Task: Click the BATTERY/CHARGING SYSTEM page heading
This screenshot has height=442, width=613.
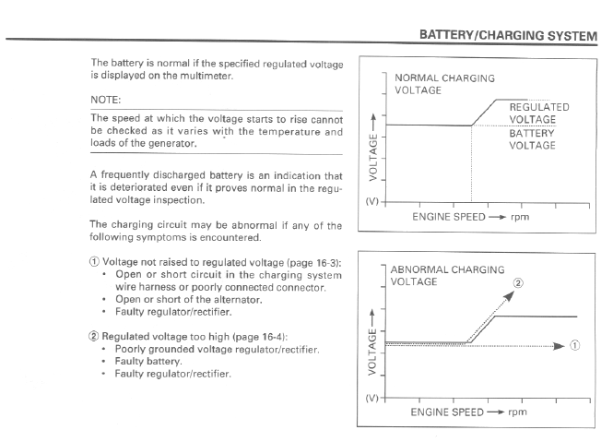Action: pos(508,35)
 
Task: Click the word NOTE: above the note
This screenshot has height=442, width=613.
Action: pos(106,100)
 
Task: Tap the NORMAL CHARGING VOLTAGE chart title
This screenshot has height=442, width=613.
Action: pos(444,84)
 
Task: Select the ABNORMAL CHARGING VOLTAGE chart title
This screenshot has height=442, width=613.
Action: pos(447,276)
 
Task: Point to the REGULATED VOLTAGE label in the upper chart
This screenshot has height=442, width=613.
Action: pos(539,113)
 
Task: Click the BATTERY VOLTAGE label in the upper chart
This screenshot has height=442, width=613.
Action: pos(532,139)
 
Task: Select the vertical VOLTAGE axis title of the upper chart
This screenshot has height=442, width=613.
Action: pos(373,158)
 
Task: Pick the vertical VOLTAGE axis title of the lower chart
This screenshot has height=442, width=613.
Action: pos(372,352)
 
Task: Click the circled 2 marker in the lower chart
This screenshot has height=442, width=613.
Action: pos(518,283)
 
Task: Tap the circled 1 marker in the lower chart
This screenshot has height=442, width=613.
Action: pos(574,345)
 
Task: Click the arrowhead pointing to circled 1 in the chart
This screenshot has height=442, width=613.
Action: pos(560,346)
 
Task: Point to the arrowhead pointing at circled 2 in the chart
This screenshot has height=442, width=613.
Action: pos(509,296)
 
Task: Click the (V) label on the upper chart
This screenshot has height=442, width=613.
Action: pos(371,201)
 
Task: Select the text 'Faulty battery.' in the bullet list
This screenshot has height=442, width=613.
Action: pos(148,361)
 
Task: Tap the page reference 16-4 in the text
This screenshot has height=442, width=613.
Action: pos(272,337)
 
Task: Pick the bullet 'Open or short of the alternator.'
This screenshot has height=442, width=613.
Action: pos(188,300)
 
